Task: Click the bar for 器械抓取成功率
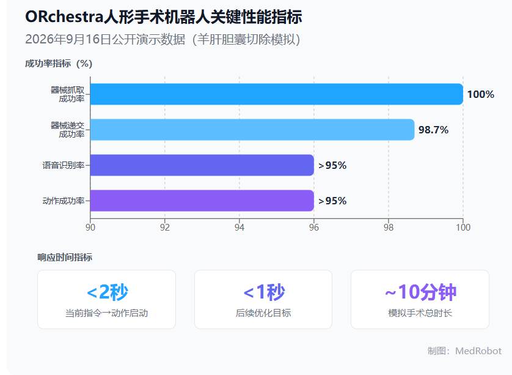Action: (277, 94)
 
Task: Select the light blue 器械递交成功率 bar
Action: (252, 130)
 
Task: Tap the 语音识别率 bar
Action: (202, 165)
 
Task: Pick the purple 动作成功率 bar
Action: (202, 201)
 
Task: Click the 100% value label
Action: (481, 94)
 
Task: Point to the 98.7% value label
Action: (433, 130)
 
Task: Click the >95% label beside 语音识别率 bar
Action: (332, 165)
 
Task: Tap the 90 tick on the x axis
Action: (90, 227)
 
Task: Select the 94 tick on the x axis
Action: (240, 227)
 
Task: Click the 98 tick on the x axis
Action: (389, 227)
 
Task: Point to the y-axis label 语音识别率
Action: (64, 165)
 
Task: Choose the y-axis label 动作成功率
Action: (64, 201)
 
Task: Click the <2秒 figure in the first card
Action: (108, 292)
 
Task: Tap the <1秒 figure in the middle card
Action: (264, 292)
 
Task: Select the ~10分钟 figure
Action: (420, 292)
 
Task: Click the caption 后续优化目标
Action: (263, 313)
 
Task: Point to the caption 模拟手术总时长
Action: (420, 313)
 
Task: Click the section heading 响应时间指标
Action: (65, 258)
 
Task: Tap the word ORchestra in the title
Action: (64, 17)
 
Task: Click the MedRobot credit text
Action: (478, 351)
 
